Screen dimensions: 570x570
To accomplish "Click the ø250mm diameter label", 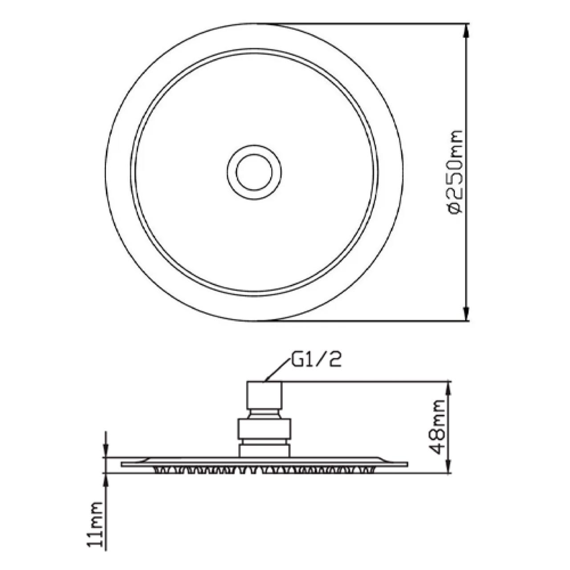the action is [454, 172].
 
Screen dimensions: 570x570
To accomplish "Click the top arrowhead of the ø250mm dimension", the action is [467, 31].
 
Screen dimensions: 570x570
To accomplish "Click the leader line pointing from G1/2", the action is [277, 370].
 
